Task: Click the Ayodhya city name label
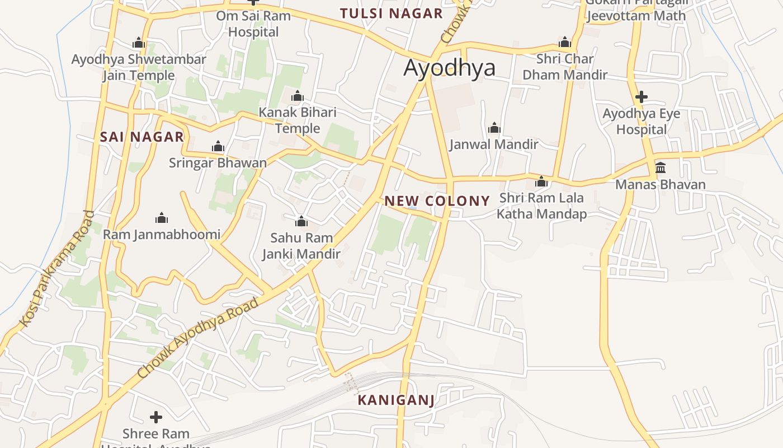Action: coord(449,68)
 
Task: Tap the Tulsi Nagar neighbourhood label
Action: coord(391,13)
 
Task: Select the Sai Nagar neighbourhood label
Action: coord(142,137)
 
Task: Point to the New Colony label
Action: coord(437,200)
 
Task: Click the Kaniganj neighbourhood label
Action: coord(396,400)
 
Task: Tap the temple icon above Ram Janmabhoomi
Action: coord(162,218)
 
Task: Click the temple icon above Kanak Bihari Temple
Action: coord(298,96)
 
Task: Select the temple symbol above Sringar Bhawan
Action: coord(218,147)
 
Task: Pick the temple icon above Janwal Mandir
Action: coord(494,128)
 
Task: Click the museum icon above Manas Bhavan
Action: coord(661,167)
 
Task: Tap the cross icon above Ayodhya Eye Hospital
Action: coord(642,97)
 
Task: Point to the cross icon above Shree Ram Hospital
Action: coord(156,417)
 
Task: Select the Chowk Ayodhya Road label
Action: coord(198,337)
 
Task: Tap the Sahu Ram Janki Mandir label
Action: coord(301,246)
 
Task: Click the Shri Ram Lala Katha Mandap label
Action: coord(541,206)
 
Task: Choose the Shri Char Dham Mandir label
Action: coord(565,67)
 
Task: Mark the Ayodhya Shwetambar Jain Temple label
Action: coord(139,67)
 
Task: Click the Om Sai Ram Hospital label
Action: coord(253,24)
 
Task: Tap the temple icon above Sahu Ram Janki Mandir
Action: coord(301,221)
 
